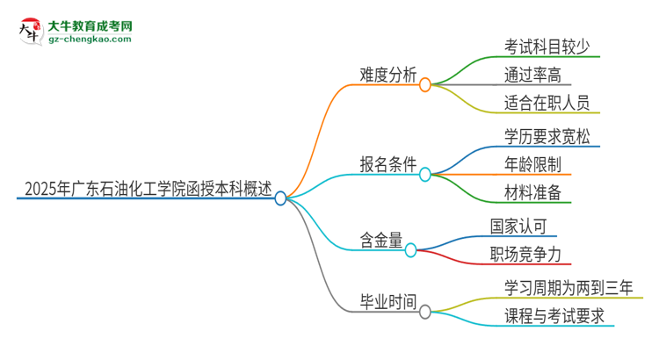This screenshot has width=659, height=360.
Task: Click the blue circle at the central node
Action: coord(281,198)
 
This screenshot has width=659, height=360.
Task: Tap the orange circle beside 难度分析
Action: coord(425,85)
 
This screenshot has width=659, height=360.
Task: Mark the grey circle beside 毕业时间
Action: coord(425,312)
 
